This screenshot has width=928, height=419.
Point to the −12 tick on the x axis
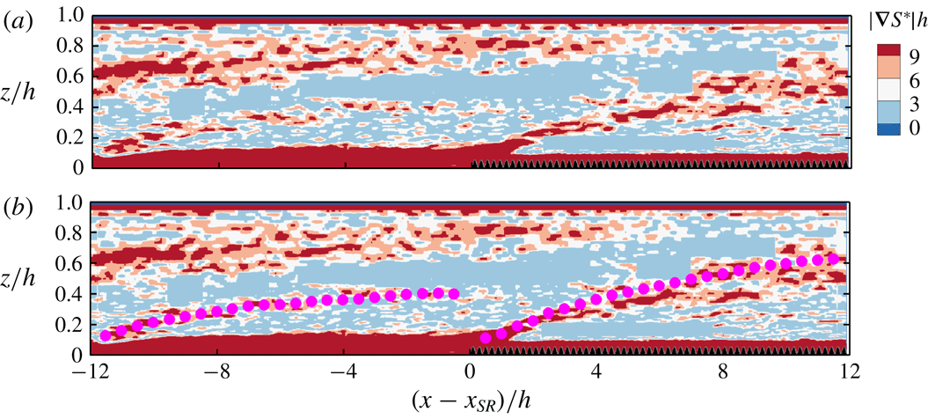point(91,371)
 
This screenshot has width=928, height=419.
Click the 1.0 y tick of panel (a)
point(75,16)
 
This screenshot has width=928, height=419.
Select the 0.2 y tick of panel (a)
point(75,137)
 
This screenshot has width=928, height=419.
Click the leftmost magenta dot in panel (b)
point(106,335)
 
